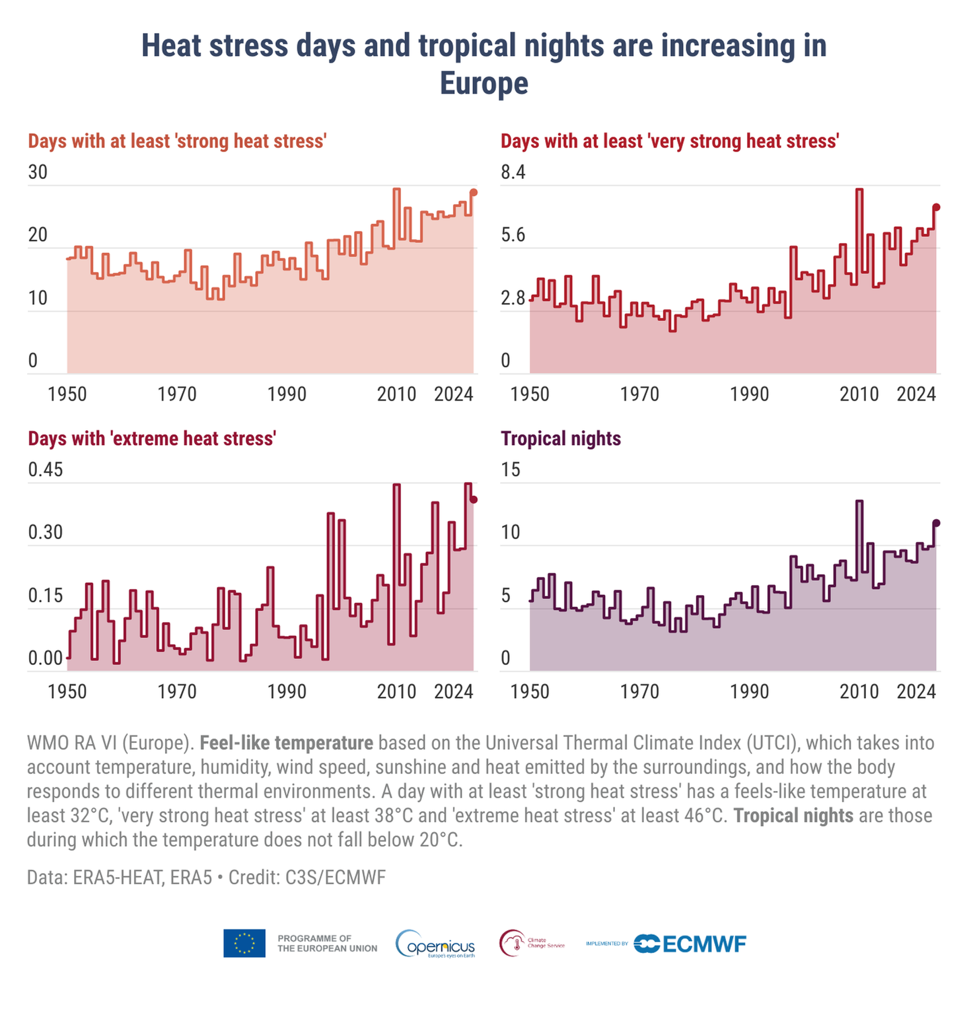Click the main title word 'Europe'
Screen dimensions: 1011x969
tap(484, 84)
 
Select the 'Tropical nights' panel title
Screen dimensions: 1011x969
tap(561, 439)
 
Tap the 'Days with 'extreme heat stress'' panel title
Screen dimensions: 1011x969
tap(152, 439)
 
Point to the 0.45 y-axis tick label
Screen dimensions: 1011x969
tap(45, 470)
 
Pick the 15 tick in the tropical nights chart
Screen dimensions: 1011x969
tap(511, 470)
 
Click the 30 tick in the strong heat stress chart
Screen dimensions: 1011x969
tap(38, 173)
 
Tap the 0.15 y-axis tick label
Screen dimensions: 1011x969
tap(45, 596)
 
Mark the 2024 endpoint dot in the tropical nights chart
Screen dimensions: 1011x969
tap(936, 523)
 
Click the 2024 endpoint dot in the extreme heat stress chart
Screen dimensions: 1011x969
tap(474, 499)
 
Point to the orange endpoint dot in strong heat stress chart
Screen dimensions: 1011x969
tap(474, 193)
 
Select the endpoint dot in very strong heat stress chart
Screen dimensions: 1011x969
tap(936, 207)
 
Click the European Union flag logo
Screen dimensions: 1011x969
tap(244, 944)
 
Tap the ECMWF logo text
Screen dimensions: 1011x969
tap(704, 944)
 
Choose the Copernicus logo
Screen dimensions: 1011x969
tap(435, 944)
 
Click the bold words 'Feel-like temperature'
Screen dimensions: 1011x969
tap(287, 743)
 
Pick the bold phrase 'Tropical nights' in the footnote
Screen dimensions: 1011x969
tap(793, 816)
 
